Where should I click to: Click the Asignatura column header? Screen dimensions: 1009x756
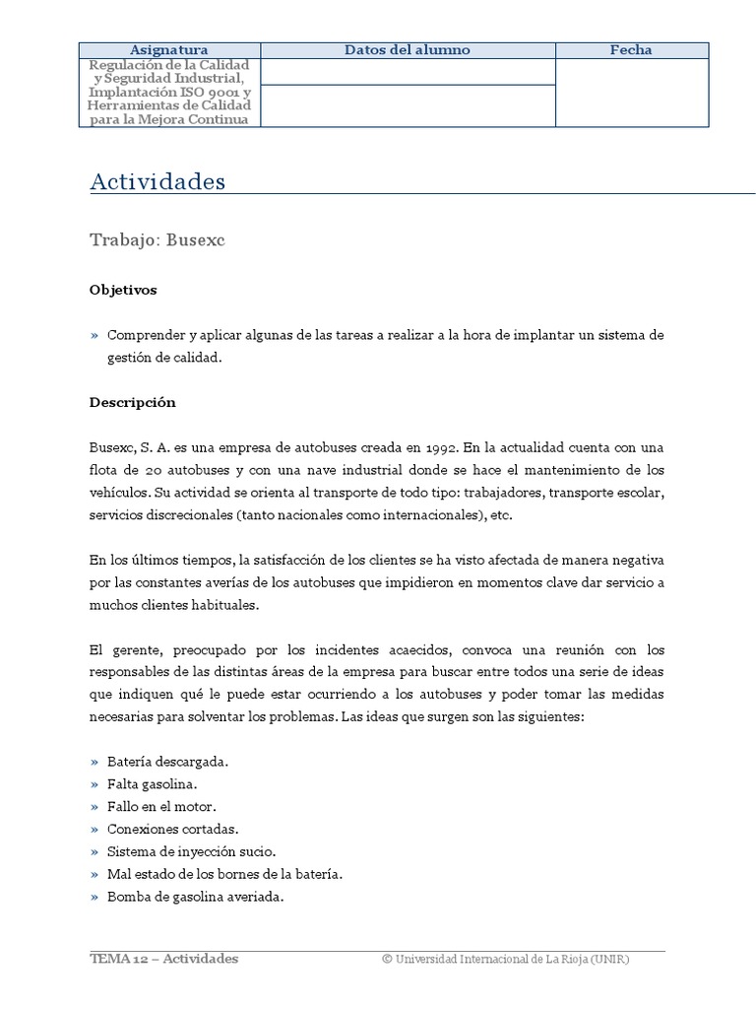coord(169,50)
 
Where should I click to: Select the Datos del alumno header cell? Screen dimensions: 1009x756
coord(408,50)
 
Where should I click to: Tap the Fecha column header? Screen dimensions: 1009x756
coord(631,50)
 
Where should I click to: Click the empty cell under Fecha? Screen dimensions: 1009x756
coord(631,93)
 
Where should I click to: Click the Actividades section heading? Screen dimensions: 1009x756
coord(157,182)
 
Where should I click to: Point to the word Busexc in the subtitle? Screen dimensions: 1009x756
coord(196,240)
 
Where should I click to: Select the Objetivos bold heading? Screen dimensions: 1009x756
coord(123,291)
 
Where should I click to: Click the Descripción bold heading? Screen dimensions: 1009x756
coord(133,403)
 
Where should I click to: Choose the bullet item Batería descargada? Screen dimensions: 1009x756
coord(167,763)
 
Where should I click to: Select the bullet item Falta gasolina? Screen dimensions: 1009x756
coord(152,785)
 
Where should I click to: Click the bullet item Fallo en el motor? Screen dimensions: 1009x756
coord(160,807)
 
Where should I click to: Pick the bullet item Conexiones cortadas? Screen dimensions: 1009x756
coord(172,830)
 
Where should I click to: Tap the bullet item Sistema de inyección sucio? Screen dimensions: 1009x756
coord(191,852)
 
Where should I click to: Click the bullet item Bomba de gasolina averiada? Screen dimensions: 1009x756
coord(195,898)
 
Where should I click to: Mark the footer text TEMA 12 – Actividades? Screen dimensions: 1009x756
coord(163,960)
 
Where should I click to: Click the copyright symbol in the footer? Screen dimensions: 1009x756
coord(387,960)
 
